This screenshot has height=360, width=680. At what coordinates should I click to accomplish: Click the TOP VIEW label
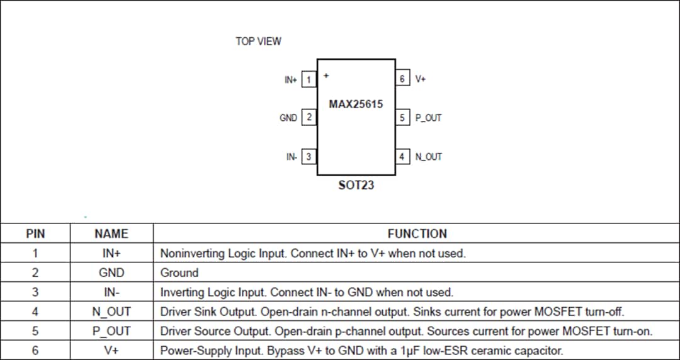pos(258,42)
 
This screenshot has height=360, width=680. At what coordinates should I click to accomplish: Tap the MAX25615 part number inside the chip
pos(356,104)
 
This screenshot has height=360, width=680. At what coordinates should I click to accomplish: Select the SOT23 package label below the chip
pos(356,186)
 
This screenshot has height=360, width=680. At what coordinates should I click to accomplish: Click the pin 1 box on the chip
pos(309,80)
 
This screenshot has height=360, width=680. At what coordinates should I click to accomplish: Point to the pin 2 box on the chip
pos(309,118)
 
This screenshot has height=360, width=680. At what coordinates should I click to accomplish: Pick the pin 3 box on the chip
pos(309,157)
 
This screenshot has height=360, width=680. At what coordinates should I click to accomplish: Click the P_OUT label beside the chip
pos(429,118)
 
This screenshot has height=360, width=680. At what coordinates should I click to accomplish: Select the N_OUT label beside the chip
pos(429,157)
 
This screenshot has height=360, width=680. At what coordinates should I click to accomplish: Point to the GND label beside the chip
pos(288,118)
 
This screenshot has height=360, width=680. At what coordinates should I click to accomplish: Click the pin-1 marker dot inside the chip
pos(326,76)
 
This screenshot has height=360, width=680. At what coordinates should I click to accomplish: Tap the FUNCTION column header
pos(417,233)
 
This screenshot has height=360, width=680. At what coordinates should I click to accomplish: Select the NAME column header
pos(111,233)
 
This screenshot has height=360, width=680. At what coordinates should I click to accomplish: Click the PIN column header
pos(35,233)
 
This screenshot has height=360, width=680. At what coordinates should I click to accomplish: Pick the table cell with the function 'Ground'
pos(179,273)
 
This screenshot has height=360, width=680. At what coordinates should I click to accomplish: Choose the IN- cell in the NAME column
pos(111,292)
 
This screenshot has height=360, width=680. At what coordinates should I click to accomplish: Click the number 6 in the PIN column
pos(35,351)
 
